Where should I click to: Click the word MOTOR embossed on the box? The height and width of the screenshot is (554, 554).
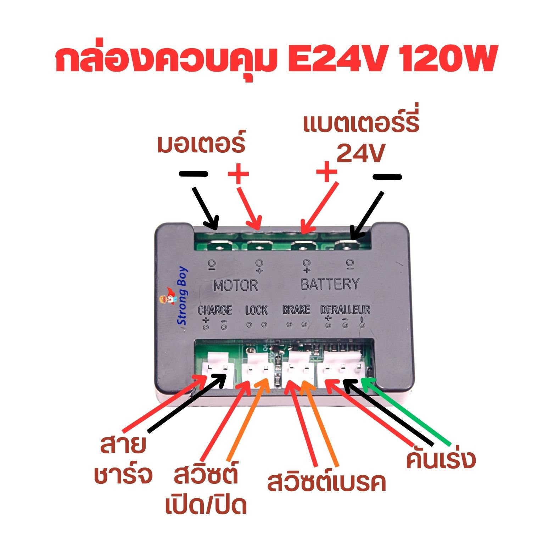pos(236,285)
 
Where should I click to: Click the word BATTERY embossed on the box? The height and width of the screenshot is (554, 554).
pos(330,284)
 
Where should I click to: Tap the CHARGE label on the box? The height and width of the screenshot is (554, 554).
pos(215,310)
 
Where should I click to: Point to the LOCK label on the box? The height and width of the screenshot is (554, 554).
pos(256,310)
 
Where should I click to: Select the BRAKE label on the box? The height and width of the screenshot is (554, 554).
pos(296,310)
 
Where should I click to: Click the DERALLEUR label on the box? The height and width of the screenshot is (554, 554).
pos(345,310)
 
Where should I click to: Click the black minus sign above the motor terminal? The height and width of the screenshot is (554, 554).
pos(194,174)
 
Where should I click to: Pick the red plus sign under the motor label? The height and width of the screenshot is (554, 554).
pos(238,174)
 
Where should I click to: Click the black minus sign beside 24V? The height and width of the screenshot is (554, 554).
pos(387,176)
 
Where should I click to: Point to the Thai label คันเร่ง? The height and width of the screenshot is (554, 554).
pos(441,459)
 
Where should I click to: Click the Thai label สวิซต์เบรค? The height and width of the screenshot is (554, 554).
pos(326,483)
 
